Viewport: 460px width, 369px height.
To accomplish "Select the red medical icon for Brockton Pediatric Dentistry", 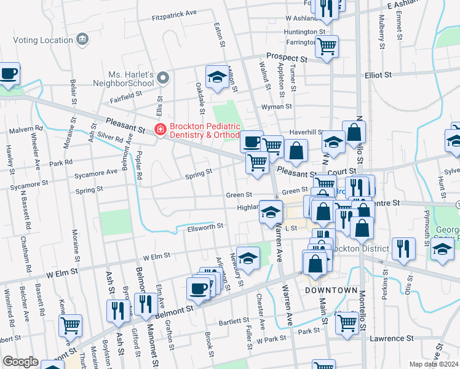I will tap(160, 129).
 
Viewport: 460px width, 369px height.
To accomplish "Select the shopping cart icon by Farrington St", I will tap(327, 46).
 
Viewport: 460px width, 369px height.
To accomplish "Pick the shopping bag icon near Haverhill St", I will tap(354, 130).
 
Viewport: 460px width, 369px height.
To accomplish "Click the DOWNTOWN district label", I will tap(331, 290).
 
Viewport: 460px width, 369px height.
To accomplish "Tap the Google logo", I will tap(20, 362).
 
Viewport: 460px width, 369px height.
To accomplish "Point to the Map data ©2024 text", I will tap(434, 364).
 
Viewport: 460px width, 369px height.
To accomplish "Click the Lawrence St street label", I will tap(391, 338).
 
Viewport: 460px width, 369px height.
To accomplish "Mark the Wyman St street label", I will tap(276, 106).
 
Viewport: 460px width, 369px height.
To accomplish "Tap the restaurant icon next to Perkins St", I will tap(403, 248).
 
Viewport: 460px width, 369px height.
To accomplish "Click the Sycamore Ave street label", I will tap(95, 173).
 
